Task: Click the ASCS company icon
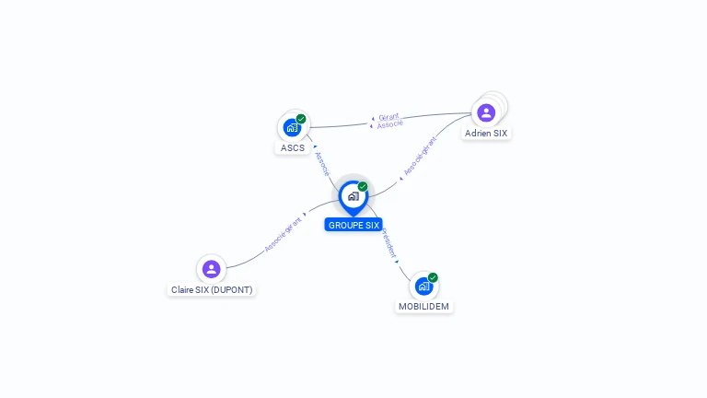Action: (292, 127)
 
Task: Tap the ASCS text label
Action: (293, 148)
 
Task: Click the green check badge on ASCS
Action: (301, 119)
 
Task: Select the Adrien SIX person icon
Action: (486, 112)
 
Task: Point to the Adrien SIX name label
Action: (486, 134)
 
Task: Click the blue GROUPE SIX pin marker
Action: (353, 196)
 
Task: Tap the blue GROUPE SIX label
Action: (353, 225)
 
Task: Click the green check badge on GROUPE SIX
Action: (363, 187)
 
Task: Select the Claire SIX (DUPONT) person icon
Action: (211, 269)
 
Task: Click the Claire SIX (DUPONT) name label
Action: (212, 289)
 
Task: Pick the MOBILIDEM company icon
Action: (423, 286)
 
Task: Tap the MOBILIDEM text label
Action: (424, 306)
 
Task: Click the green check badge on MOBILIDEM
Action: (433, 277)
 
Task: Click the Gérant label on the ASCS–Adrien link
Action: (388, 117)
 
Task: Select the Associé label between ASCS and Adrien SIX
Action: (389, 124)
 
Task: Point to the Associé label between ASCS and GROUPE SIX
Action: (321, 163)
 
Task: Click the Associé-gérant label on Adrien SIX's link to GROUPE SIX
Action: (419, 158)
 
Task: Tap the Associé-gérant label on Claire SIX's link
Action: (283, 234)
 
